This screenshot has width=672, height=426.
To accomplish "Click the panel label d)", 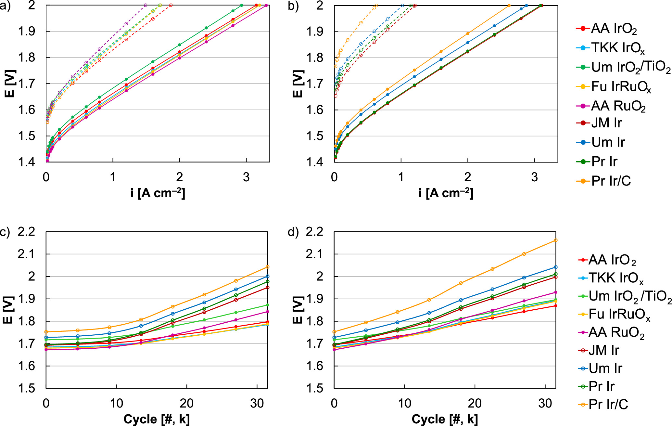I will (293, 233).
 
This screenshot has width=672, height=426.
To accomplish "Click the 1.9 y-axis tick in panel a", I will (27, 32).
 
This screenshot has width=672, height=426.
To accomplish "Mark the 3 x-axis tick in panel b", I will (534, 177).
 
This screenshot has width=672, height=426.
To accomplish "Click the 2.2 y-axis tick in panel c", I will (26, 232).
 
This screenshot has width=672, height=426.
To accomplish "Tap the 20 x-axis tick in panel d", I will (475, 403).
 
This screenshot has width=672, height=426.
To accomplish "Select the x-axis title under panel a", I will (158, 193).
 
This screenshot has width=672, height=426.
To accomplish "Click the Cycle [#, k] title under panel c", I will (157, 419).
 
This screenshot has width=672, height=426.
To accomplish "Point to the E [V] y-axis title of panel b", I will (298, 84).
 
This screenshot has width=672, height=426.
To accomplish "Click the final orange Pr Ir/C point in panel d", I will (556, 240).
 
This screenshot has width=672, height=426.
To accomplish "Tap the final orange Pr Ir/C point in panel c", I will (268, 267).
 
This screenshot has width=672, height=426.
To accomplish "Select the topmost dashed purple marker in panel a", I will (146, 5).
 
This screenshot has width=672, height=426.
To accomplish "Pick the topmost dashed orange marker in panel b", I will (376, 6).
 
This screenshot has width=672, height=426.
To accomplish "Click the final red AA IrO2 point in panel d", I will (556, 306).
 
